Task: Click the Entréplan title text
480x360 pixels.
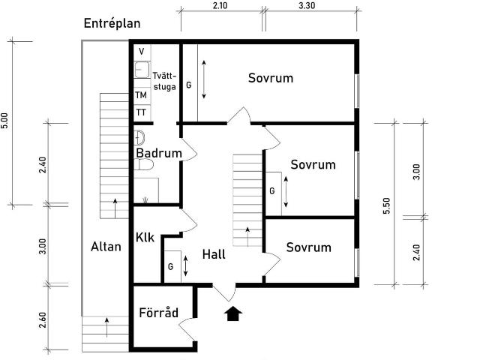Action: click(112, 23)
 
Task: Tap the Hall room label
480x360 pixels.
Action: click(214, 254)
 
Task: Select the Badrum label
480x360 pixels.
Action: click(159, 153)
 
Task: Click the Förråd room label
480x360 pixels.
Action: click(158, 312)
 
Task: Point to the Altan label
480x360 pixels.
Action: click(106, 247)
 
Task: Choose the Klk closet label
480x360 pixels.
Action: click(145, 237)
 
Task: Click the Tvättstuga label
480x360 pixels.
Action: click(165, 81)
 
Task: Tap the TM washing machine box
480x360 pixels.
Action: click(142, 95)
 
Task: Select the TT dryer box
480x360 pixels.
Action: click(142, 113)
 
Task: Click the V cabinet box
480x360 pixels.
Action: click(142, 52)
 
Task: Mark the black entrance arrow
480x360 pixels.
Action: click(233, 313)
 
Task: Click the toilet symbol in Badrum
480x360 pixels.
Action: click(143, 165)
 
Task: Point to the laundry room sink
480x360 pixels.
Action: click(142, 70)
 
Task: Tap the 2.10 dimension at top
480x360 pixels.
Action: click(220, 5)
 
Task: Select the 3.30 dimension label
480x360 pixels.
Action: click(307, 5)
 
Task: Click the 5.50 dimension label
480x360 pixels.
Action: click(387, 205)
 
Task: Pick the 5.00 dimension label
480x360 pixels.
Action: click(4, 121)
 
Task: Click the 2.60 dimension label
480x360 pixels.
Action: click(43, 320)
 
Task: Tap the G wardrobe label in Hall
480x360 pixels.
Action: click(170, 267)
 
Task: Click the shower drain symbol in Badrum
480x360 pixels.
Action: click(145, 200)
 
